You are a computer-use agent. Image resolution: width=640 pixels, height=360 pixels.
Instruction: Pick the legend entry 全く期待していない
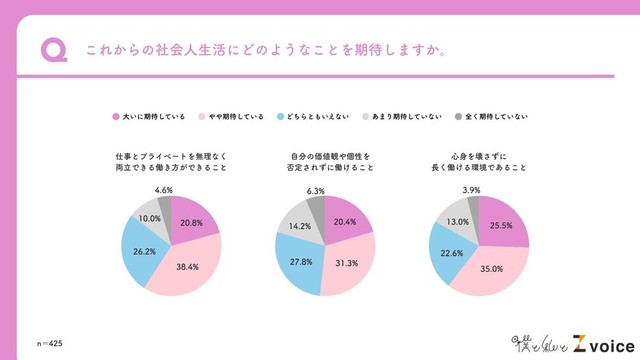click(496, 117)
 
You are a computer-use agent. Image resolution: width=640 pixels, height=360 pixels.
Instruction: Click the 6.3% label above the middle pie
click(313, 189)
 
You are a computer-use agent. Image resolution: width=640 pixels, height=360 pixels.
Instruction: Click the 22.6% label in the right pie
click(450, 252)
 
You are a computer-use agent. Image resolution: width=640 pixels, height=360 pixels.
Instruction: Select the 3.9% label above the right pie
click(470, 189)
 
